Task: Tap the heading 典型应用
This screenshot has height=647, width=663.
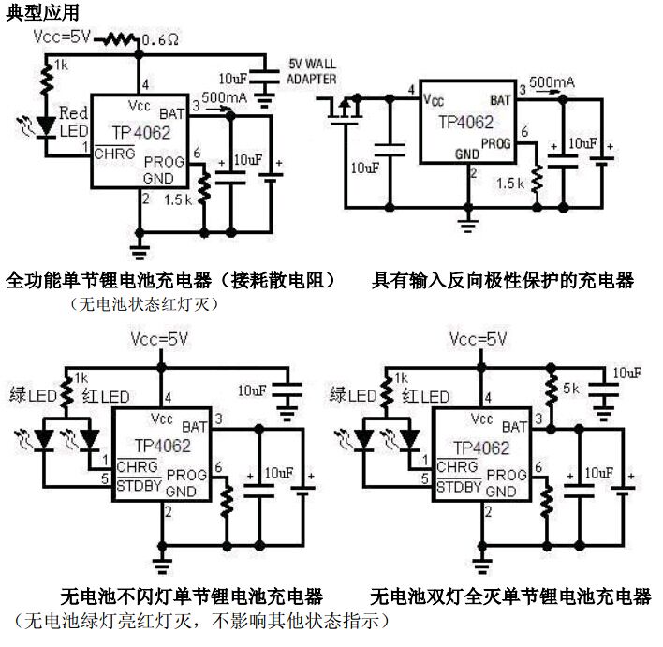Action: pos(43,13)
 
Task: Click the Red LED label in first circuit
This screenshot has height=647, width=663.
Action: pos(73,122)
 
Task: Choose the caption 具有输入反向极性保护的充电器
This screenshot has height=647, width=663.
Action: pos(503,280)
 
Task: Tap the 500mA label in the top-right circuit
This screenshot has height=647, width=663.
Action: pos(552,83)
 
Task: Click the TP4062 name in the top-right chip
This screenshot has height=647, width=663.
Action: pos(466,123)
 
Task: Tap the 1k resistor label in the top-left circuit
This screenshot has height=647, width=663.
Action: pos(62,65)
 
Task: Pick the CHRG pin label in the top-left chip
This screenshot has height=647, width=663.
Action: pos(112,154)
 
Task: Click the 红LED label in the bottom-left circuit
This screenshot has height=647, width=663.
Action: pos(106,396)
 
